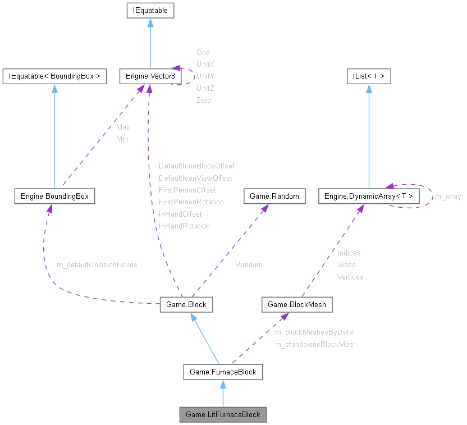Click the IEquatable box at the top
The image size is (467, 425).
[150, 10]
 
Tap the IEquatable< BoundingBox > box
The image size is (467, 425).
[54, 76]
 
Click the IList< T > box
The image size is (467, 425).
[369, 76]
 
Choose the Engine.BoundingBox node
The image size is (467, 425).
[54, 196]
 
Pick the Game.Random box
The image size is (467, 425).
[274, 196]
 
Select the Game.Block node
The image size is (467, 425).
[186, 304]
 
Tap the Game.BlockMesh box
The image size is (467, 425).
[297, 304]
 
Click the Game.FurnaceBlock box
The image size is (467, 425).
[223, 372]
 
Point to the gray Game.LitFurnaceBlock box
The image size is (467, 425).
[223, 414]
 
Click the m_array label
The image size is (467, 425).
[448, 196]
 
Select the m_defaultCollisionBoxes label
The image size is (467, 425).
[97, 264]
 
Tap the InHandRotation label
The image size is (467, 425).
[184, 226]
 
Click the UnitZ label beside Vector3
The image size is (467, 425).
[205, 88]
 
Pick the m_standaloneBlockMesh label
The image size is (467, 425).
[315, 344]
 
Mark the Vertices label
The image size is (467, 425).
[350, 277]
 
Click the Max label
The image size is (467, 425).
[123, 127]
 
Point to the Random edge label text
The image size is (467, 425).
[249, 264]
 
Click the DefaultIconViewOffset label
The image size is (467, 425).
[195, 178]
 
